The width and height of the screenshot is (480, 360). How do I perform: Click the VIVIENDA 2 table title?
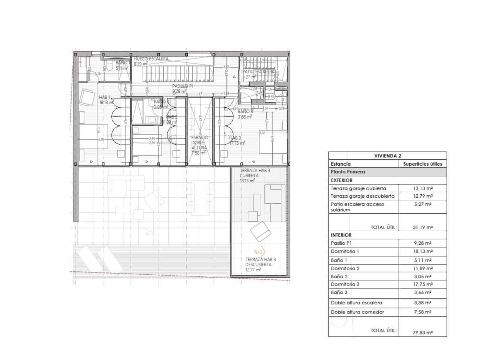388,156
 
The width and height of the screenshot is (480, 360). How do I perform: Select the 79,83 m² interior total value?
423,332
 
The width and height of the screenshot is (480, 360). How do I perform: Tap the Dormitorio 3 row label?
345,284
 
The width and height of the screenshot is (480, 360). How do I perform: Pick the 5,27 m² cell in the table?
423,204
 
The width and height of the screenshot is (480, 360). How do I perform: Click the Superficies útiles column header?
422,164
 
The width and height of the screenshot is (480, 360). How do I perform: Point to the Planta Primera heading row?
348,172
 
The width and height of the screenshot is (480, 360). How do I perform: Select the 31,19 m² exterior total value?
423,227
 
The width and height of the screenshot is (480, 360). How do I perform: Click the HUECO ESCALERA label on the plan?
151,59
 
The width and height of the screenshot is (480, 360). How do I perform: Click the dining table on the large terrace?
200,198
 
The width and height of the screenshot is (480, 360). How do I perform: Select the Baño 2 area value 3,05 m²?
423,276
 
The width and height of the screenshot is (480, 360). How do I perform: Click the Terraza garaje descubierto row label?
362,196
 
